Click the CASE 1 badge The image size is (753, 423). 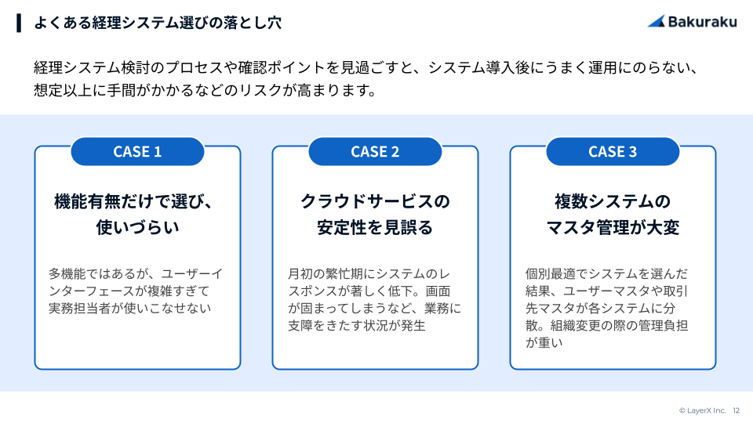[137, 151]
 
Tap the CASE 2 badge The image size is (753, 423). [375, 151]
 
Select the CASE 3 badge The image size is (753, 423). [613, 151]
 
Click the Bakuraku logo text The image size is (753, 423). [702, 22]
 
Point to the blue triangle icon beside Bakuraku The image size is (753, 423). [657, 22]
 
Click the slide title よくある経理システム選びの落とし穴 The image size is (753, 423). [158, 23]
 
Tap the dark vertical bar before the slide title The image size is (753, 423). [19, 23]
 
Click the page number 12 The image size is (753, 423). [737, 410]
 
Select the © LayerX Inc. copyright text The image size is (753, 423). [702, 410]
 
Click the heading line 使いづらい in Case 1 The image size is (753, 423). [137, 227]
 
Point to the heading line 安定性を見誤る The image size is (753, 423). [375, 227]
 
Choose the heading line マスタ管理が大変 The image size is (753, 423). [613, 227]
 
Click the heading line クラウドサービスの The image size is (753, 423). [375, 201]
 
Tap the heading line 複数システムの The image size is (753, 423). [613, 201]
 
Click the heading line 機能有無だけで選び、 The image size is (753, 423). [133, 201]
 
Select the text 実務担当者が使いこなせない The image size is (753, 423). [129, 309]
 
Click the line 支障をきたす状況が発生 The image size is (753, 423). [357, 326]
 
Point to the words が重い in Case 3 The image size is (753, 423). [544, 343]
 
